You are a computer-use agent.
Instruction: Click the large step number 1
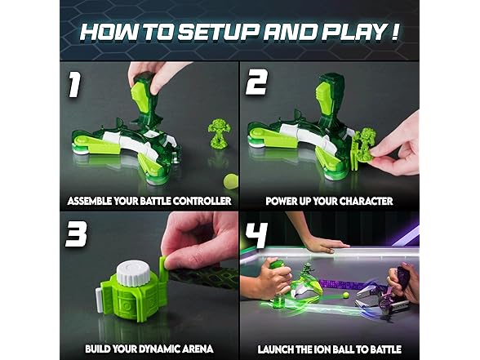(x=74, y=84)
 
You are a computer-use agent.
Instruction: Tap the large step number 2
(x=257, y=82)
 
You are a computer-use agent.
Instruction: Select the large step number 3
(x=76, y=233)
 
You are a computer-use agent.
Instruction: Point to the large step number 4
(x=256, y=235)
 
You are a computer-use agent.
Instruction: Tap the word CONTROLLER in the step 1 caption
(x=201, y=201)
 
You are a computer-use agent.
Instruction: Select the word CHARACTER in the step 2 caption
(x=366, y=201)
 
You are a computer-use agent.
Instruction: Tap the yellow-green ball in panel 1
(x=230, y=181)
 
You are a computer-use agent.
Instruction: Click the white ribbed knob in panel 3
(x=132, y=272)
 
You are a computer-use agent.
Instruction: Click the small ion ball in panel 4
(x=346, y=296)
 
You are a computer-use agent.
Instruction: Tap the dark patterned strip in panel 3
(x=203, y=277)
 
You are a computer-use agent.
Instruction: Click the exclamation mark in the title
(x=394, y=32)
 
